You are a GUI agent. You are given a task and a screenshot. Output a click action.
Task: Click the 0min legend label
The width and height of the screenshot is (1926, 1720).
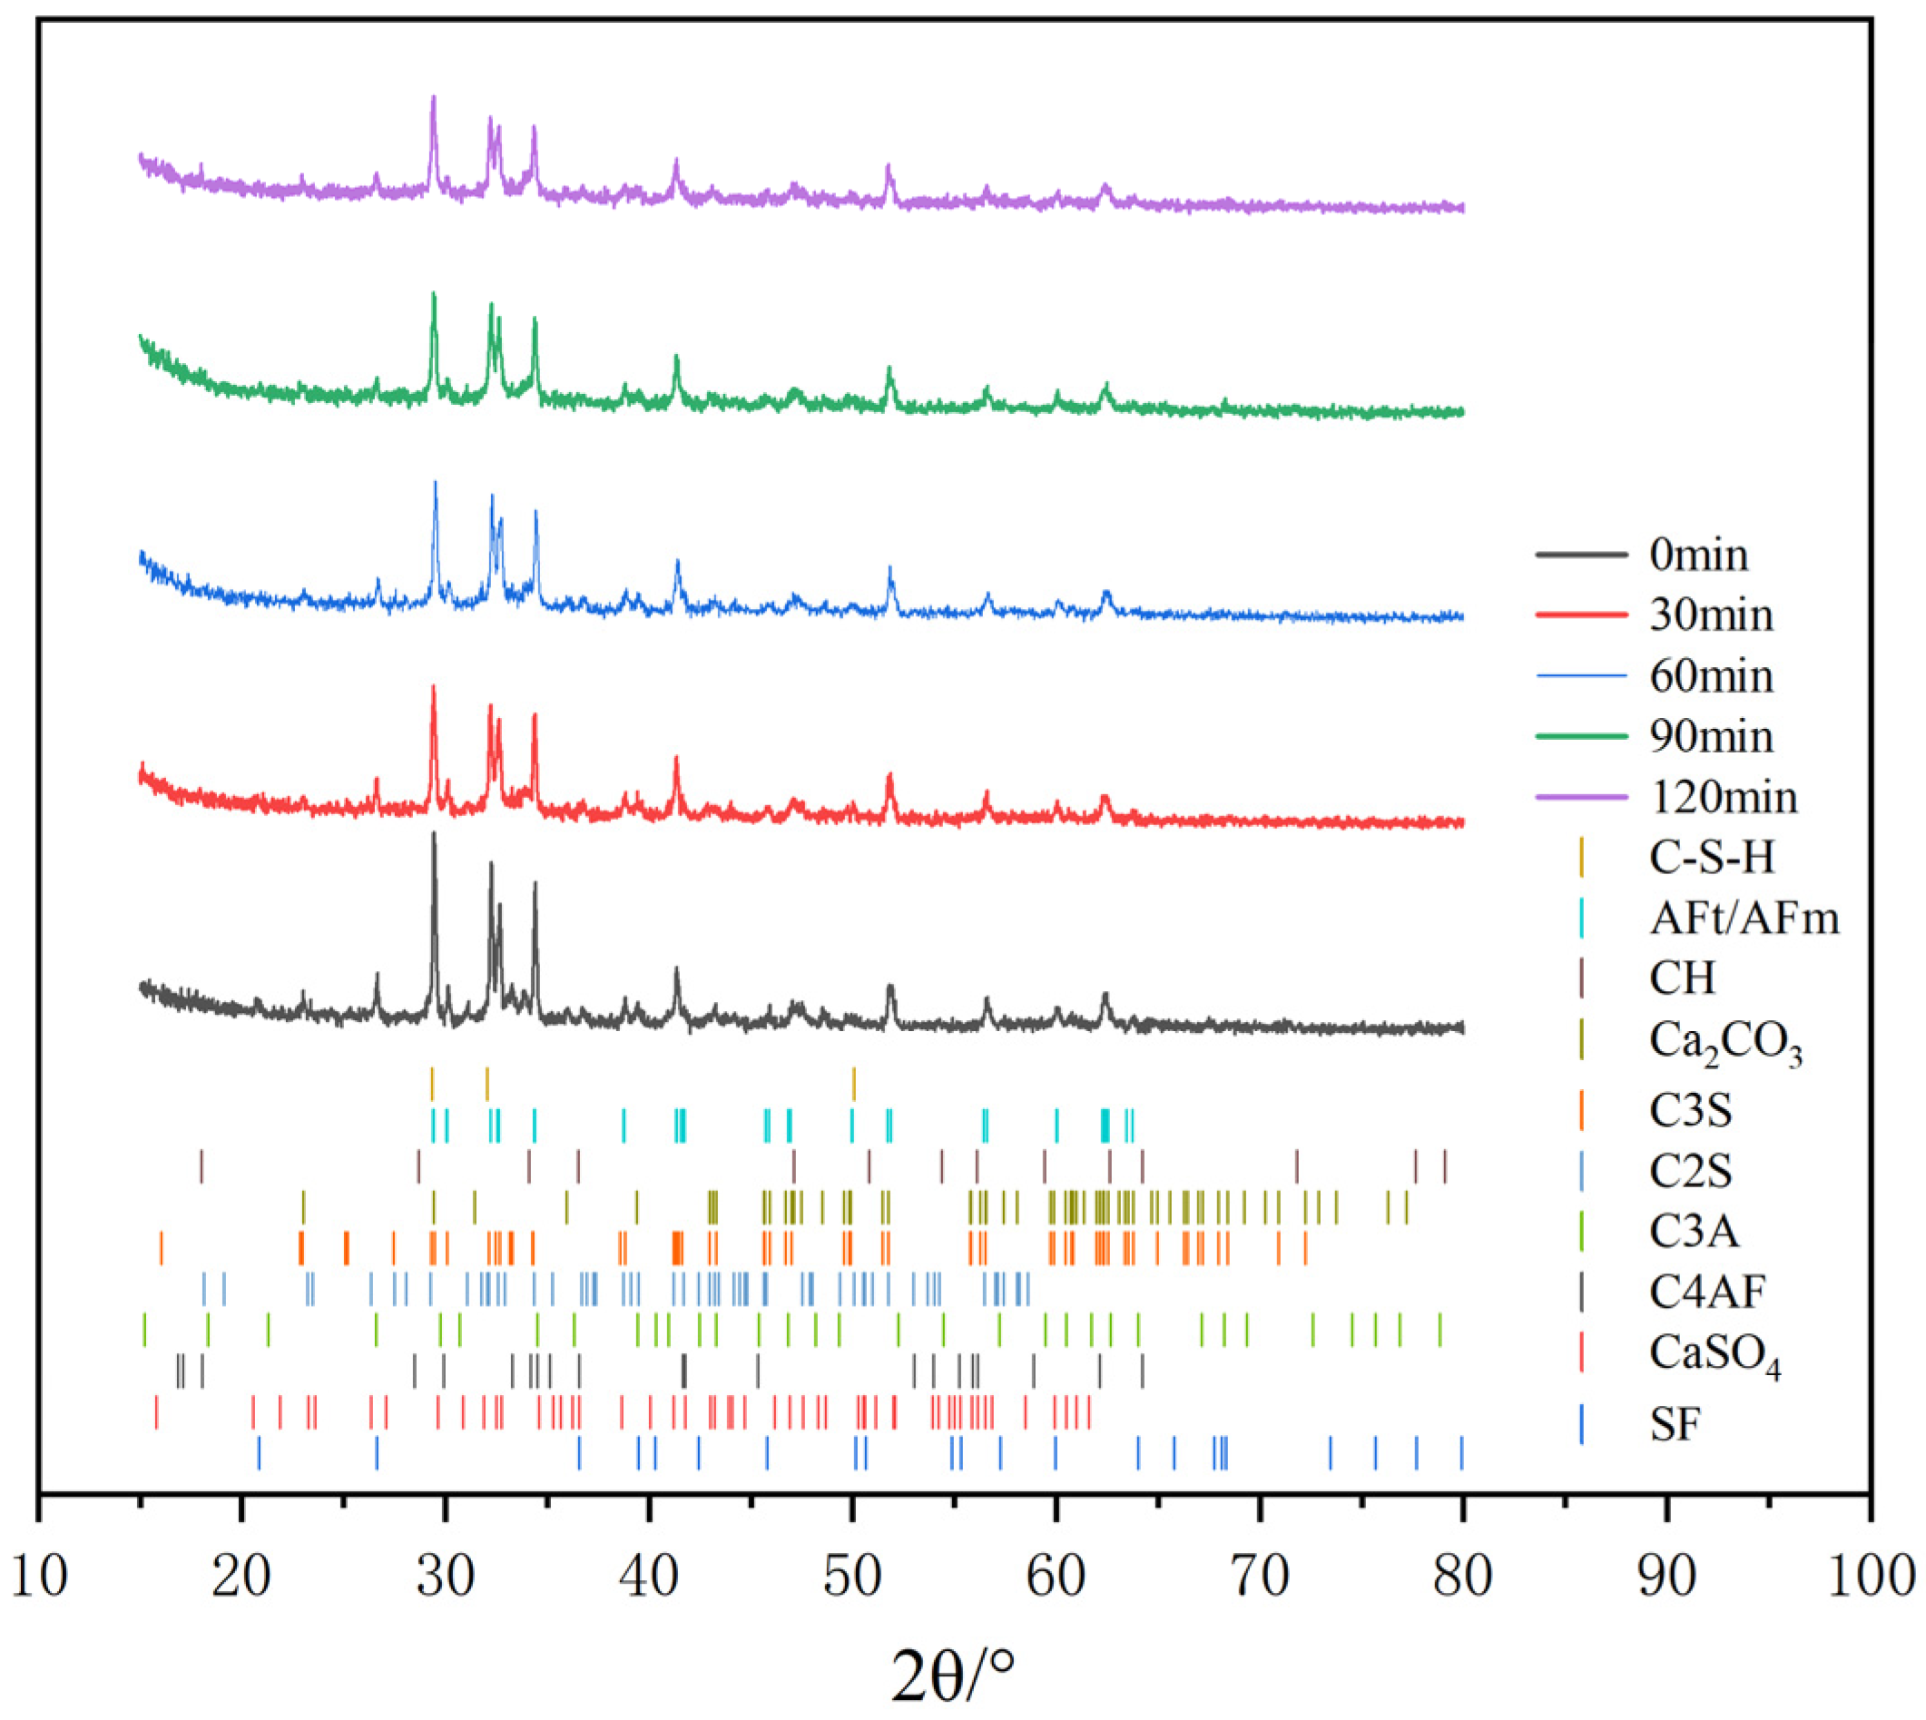click(x=1698, y=555)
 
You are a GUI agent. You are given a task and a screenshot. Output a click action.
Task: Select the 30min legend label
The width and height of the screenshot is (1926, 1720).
click(x=1711, y=615)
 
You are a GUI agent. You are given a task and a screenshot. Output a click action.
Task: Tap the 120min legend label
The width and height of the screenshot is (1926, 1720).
click(x=1723, y=797)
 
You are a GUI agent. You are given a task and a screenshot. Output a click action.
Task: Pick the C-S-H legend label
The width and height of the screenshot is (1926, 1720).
click(x=1712, y=857)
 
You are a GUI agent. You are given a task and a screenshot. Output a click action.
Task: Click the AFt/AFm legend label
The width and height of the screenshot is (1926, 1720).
click(x=1744, y=918)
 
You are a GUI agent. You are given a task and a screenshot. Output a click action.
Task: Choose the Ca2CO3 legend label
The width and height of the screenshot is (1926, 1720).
click(x=1725, y=1042)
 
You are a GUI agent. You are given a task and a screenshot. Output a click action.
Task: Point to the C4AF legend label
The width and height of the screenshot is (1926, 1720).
click(x=1706, y=1292)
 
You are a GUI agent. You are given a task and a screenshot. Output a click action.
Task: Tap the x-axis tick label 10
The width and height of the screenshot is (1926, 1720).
click(x=39, y=1576)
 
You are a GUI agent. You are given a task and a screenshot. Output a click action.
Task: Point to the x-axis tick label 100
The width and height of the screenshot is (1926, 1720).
click(x=1871, y=1576)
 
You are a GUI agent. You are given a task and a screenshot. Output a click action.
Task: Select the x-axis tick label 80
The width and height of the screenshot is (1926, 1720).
click(x=1462, y=1576)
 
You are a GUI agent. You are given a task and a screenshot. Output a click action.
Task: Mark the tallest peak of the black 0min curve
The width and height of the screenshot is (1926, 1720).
click(x=434, y=833)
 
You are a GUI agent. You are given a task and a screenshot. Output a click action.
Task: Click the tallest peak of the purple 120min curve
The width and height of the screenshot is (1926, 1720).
click(x=434, y=97)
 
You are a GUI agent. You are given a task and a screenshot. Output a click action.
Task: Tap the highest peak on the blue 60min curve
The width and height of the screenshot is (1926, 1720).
click(x=435, y=483)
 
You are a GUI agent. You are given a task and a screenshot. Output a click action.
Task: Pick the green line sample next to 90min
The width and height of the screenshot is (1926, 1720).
click(x=1581, y=736)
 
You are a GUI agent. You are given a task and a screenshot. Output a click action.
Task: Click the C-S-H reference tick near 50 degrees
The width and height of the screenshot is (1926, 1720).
click(x=853, y=1084)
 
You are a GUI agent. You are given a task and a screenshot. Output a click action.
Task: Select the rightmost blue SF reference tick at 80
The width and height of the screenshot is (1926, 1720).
click(x=1461, y=1452)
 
